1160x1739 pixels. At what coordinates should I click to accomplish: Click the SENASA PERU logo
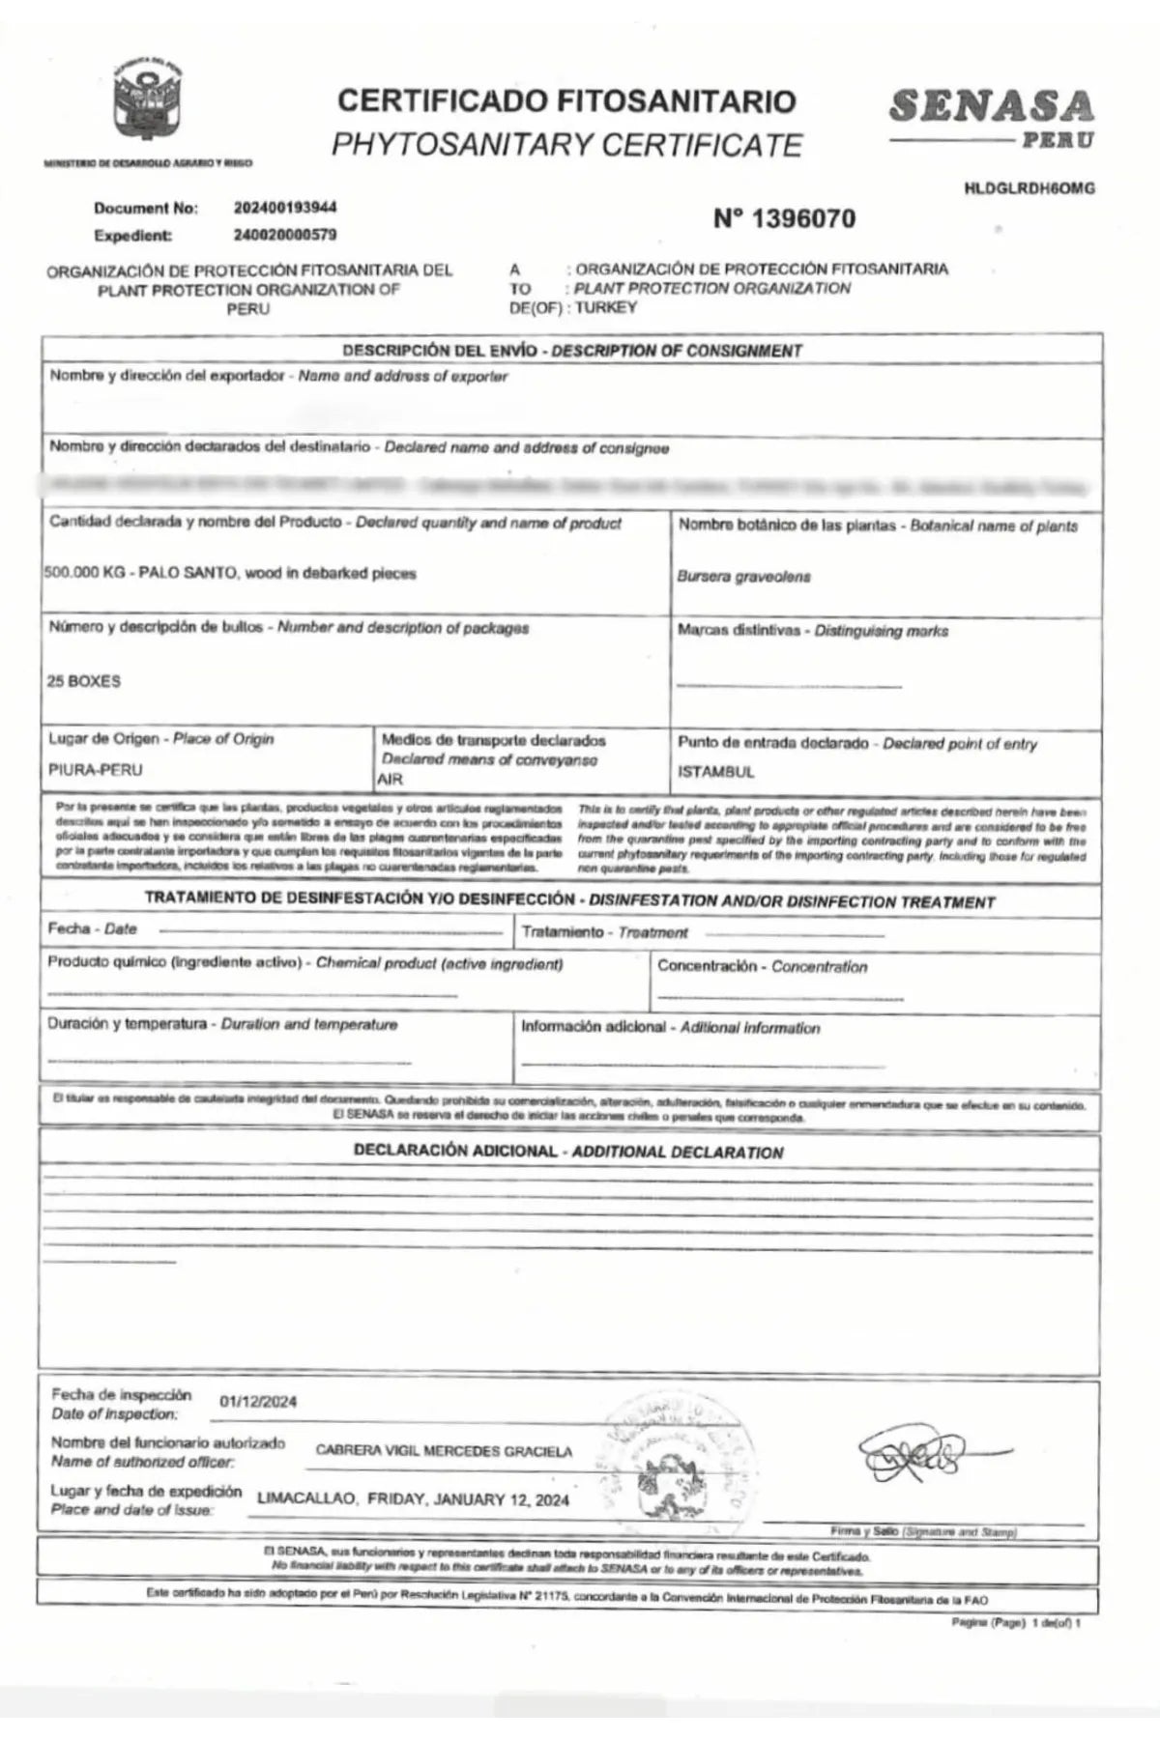click(x=992, y=117)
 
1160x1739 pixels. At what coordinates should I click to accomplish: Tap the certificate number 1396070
click(x=784, y=219)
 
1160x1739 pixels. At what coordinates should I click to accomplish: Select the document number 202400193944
click(x=285, y=208)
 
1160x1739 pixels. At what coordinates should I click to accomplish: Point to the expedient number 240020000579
click(x=285, y=235)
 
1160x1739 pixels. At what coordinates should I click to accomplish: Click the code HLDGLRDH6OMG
click(x=1029, y=188)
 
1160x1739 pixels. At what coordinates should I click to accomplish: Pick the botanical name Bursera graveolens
click(x=743, y=577)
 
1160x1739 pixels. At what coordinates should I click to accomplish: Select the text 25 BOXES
click(x=84, y=681)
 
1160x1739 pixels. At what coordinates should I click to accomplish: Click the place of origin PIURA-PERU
click(x=95, y=770)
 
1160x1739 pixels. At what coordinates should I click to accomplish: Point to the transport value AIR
click(x=391, y=779)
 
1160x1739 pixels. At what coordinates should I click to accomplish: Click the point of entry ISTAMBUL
click(x=716, y=772)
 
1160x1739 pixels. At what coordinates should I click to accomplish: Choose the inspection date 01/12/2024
click(x=258, y=1402)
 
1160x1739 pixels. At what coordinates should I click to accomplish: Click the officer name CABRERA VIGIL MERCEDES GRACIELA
click(x=444, y=1451)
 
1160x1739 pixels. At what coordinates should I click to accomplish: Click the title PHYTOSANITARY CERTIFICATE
click(x=566, y=145)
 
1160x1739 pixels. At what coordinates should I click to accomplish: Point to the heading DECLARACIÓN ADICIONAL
click(x=455, y=1151)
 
